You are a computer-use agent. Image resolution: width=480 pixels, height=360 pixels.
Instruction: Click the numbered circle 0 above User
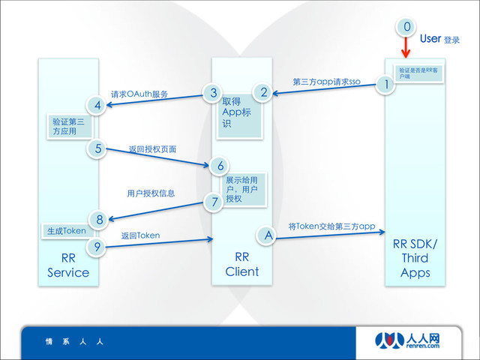click(x=406, y=27)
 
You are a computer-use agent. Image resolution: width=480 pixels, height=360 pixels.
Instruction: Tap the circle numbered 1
click(x=387, y=84)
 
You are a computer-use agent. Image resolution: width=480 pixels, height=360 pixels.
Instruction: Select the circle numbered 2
click(x=263, y=93)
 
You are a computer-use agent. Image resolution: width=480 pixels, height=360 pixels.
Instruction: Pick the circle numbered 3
click(x=213, y=93)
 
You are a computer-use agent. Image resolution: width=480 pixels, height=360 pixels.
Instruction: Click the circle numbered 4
click(x=98, y=105)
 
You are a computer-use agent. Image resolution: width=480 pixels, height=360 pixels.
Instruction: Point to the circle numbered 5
click(x=98, y=148)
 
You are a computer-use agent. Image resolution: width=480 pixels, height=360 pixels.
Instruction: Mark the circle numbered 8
click(x=98, y=219)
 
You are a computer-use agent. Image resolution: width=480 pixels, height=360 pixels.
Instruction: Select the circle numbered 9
click(x=98, y=246)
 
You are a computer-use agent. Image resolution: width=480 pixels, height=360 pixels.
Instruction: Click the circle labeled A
click(x=268, y=235)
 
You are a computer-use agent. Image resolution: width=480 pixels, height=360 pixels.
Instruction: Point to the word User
click(x=430, y=38)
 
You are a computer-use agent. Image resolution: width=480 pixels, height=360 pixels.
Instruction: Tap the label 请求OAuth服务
click(x=139, y=94)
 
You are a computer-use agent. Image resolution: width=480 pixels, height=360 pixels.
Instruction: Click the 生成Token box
click(x=64, y=231)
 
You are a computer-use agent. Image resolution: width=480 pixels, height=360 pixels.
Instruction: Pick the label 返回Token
click(x=140, y=235)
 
